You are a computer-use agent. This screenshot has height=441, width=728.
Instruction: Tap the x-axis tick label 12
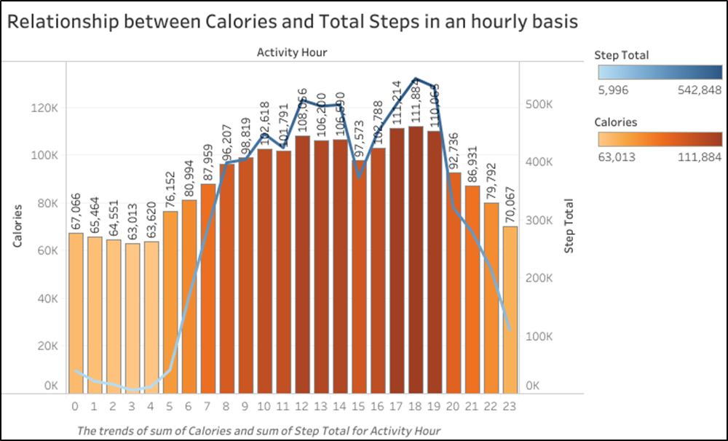tap(302, 406)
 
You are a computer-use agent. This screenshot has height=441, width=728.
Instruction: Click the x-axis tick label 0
tap(75, 406)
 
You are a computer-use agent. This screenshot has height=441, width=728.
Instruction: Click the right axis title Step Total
tap(569, 226)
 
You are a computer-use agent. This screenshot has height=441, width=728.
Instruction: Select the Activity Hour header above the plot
tap(292, 52)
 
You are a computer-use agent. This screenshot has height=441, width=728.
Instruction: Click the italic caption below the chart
tap(258, 429)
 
